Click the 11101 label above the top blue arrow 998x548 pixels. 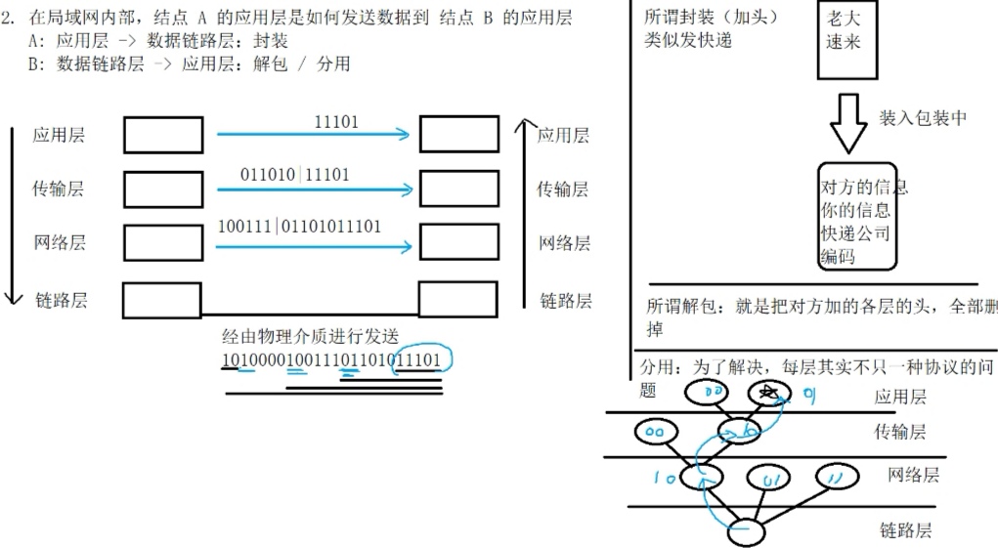336,122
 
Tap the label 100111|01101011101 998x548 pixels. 300,227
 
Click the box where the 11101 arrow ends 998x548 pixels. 458,135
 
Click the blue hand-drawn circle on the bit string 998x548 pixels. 428,359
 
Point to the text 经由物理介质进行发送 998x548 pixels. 310,337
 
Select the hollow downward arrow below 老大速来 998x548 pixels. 847,122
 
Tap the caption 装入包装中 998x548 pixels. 923,118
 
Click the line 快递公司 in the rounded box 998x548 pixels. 855,233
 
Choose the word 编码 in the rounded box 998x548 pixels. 838,257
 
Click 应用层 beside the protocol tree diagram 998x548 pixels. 900,397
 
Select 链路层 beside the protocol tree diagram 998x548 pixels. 905,531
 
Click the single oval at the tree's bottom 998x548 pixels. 747,532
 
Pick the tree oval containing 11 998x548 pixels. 835,478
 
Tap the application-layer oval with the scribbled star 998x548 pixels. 768,394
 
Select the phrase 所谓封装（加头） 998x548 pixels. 713,18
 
